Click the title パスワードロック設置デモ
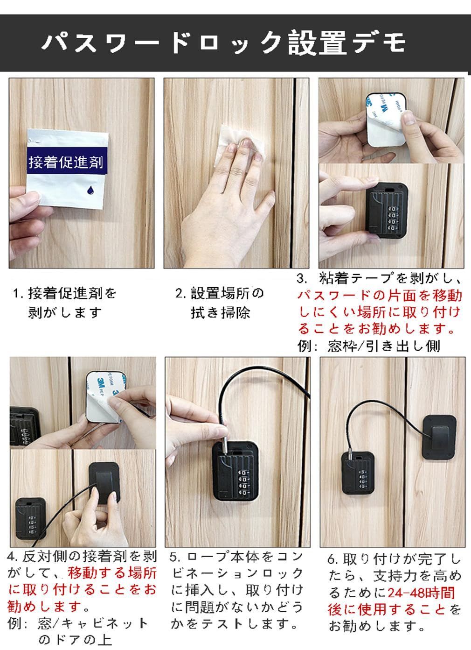(224, 43)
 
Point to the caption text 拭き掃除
(221, 312)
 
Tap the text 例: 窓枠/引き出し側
(368, 346)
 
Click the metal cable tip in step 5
(225, 444)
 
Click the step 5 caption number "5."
(175, 557)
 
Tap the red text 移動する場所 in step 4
(112, 573)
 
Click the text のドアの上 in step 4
(75, 638)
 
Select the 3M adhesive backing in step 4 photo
(105, 397)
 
